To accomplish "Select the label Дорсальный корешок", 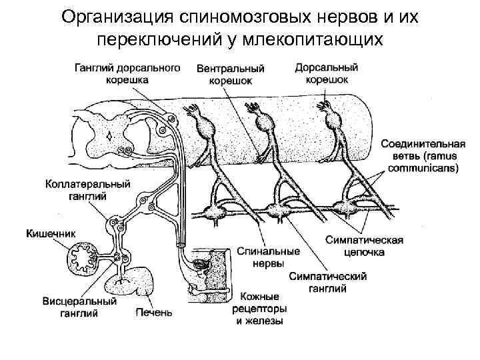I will pos(327,73).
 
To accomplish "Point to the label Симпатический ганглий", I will pos(327,283).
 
